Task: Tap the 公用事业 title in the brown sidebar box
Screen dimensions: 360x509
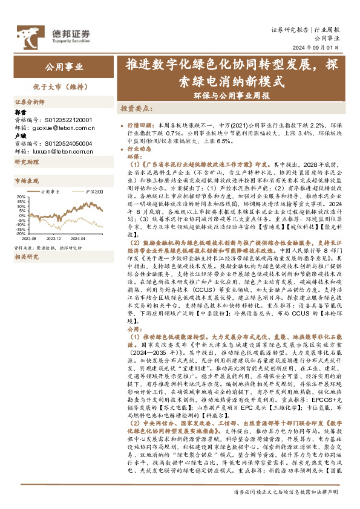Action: click(65, 66)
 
